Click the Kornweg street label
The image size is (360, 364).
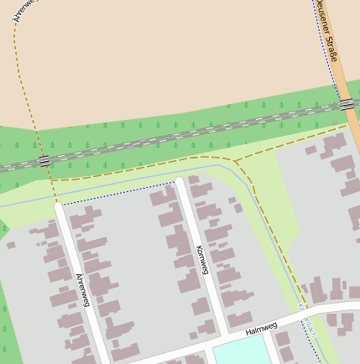click(x=201, y=261)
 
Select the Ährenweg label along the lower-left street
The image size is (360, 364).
click(x=82, y=289)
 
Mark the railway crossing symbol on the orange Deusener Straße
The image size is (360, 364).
click(x=347, y=104)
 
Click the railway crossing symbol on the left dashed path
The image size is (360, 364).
click(x=44, y=160)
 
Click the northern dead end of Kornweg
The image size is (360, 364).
click(x=179, y=180)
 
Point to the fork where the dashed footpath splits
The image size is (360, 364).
click(x=235, y=159)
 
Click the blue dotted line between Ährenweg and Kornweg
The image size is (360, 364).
click(x=117, y=195)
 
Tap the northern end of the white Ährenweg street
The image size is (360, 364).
click(x=58, y=205)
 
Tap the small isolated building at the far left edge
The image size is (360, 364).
click(x=10, y=245)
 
